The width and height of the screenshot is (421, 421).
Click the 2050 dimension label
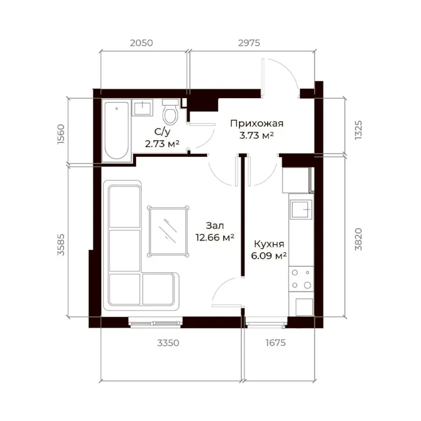pos(141,43)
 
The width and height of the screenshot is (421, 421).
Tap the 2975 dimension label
pos(249,43)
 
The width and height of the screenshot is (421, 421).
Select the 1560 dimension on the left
pos(61,134)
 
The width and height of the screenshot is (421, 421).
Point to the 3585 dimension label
pos(61,245)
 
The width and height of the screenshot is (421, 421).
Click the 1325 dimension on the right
pos(358,130)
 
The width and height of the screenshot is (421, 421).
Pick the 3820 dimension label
pos(358,240)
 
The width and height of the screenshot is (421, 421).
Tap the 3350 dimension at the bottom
pos(168,343)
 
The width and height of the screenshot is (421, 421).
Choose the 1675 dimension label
pos(276,343)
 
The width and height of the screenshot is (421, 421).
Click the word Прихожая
pos(257,123)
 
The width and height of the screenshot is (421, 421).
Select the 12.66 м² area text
pos(215,238)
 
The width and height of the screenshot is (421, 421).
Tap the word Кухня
pos(269,244)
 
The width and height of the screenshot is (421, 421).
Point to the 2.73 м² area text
pos(162,144)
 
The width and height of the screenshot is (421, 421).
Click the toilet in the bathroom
pos(170,112)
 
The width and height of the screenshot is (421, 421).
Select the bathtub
pos(116,131)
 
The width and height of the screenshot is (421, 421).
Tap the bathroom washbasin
pos(142,108)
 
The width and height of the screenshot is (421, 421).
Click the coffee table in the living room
pos(168,232)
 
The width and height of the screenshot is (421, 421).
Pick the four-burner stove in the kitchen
pos(301,279)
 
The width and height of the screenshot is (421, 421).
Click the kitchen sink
pos(301,210)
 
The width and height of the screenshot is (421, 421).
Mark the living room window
pos(155,322)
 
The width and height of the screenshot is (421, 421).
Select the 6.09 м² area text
pos(269,255)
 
